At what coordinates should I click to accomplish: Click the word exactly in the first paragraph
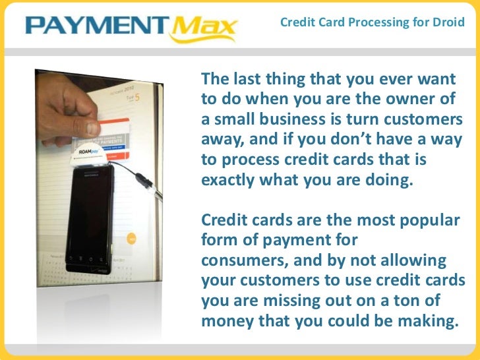[232, 179]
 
